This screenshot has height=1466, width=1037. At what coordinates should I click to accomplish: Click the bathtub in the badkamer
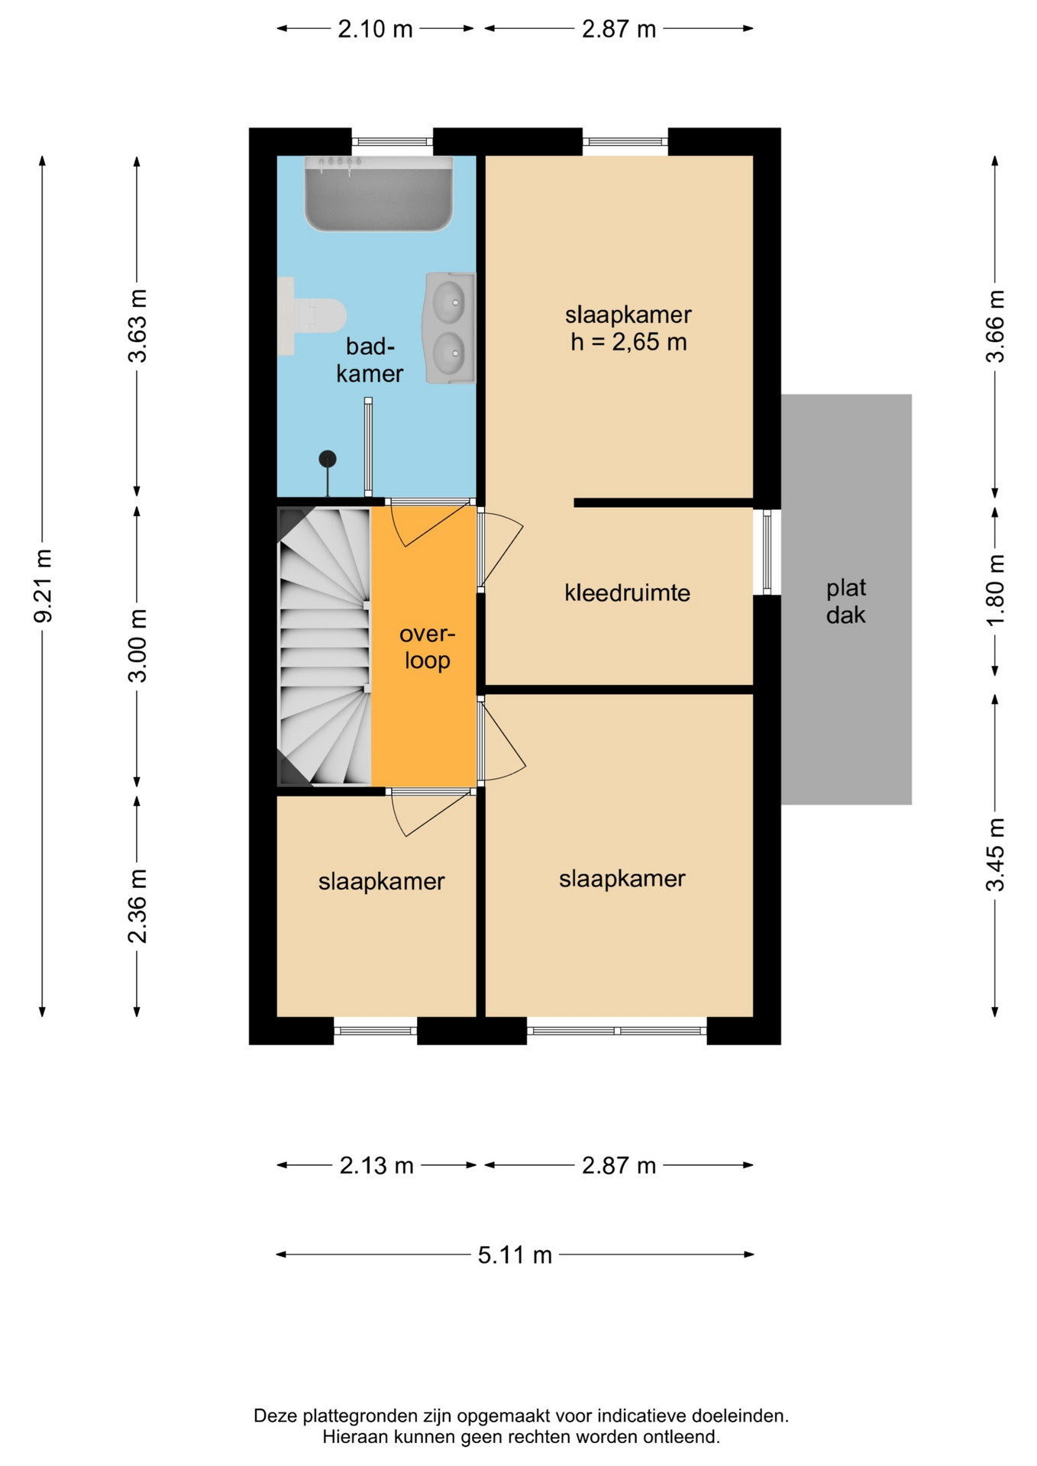click(x=379, y=193)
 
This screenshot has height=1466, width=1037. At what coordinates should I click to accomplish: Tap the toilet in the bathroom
click(x=312, y=316)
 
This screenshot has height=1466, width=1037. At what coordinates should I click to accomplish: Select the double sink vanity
click(x=450, y=328)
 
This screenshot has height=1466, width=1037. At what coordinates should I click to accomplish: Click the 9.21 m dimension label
click(x=44, y=586)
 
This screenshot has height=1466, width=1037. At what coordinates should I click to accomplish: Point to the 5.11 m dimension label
click(x=515, y=1254)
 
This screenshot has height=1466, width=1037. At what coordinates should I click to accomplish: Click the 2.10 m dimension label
click(x=375, y=29)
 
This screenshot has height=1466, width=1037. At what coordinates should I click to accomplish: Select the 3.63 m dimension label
click(x=137, y=326)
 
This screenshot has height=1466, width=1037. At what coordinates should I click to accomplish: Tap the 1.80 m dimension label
click(x=996, y=589)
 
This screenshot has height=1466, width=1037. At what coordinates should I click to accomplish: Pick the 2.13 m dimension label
click(x=376, y=1165)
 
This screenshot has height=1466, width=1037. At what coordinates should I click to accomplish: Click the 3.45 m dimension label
click(x=996, y=854)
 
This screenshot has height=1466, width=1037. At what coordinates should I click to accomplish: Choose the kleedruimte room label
click(x=627, y=593)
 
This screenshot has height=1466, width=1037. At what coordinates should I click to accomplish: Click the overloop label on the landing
click(x=428, y=647)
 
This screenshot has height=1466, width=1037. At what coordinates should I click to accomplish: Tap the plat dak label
click(x=846, y=601)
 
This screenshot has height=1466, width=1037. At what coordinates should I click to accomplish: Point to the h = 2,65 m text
click(x=628, y=341)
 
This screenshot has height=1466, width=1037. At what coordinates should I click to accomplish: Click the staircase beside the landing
click(x=324, y=646)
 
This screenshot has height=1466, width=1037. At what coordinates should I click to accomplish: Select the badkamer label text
click(x=370, y=360)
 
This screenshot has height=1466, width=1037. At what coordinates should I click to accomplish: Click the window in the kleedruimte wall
click(x=767, y=551)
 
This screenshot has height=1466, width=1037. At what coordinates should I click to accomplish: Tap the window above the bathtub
click(x=393, y=142)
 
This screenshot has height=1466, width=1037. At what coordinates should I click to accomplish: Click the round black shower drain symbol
click(x=328, y=459)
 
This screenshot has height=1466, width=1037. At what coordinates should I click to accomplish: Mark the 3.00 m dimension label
click(x=137, y=645)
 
